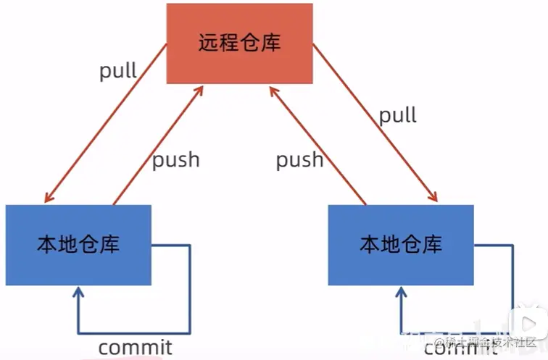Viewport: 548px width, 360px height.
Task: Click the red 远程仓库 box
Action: click(239, 43)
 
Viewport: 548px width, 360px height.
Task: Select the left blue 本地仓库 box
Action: click(78, 246)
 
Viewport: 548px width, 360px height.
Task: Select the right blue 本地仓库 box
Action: click(400, 246)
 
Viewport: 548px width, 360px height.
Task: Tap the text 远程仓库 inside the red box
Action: click(239, 43)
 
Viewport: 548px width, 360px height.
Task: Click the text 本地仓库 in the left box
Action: click(78, 245)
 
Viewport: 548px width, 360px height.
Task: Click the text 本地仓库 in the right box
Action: click(400, 245)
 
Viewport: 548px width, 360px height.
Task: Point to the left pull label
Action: click(118, 72)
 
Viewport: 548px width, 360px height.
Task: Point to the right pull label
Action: click(398, 114)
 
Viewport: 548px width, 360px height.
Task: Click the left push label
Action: click(175, 159)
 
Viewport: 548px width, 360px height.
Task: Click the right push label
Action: click(299, 159)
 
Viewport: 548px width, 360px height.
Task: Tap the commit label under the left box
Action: click(135, 347)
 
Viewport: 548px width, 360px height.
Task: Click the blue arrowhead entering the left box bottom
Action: click(78, 293)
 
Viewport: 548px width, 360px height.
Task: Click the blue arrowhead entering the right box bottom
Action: click(400, 293)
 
